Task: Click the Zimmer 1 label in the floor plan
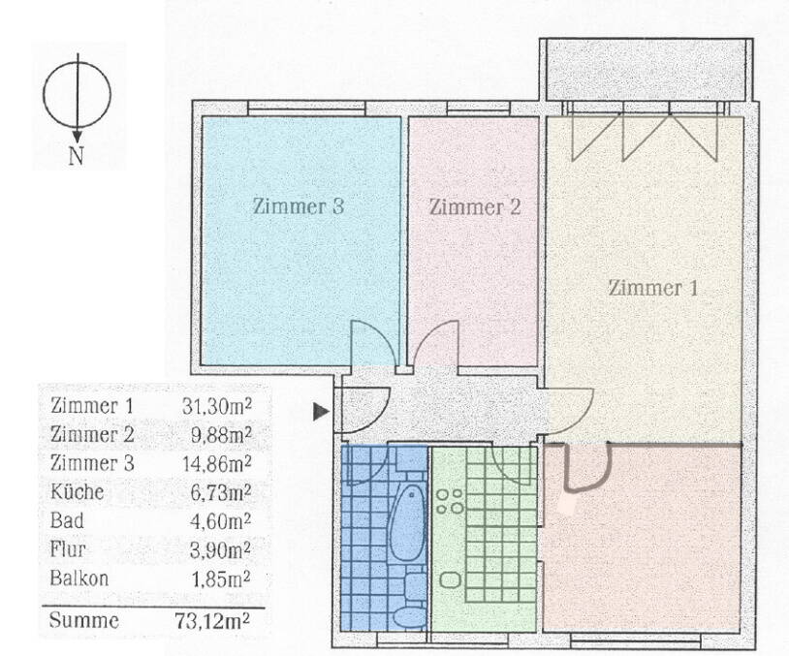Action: click(651, 288)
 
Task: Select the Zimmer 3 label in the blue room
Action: click(299, 206)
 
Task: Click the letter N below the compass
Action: click(76, 156)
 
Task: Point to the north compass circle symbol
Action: click(77, 94)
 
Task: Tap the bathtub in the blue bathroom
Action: click(407, 523)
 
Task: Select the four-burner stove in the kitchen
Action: click(449, 501)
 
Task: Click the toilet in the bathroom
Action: click(411, 615)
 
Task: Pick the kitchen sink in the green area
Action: click(450, 578)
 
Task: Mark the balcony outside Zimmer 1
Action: click(644, 71)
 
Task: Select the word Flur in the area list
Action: click(69, 550)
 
